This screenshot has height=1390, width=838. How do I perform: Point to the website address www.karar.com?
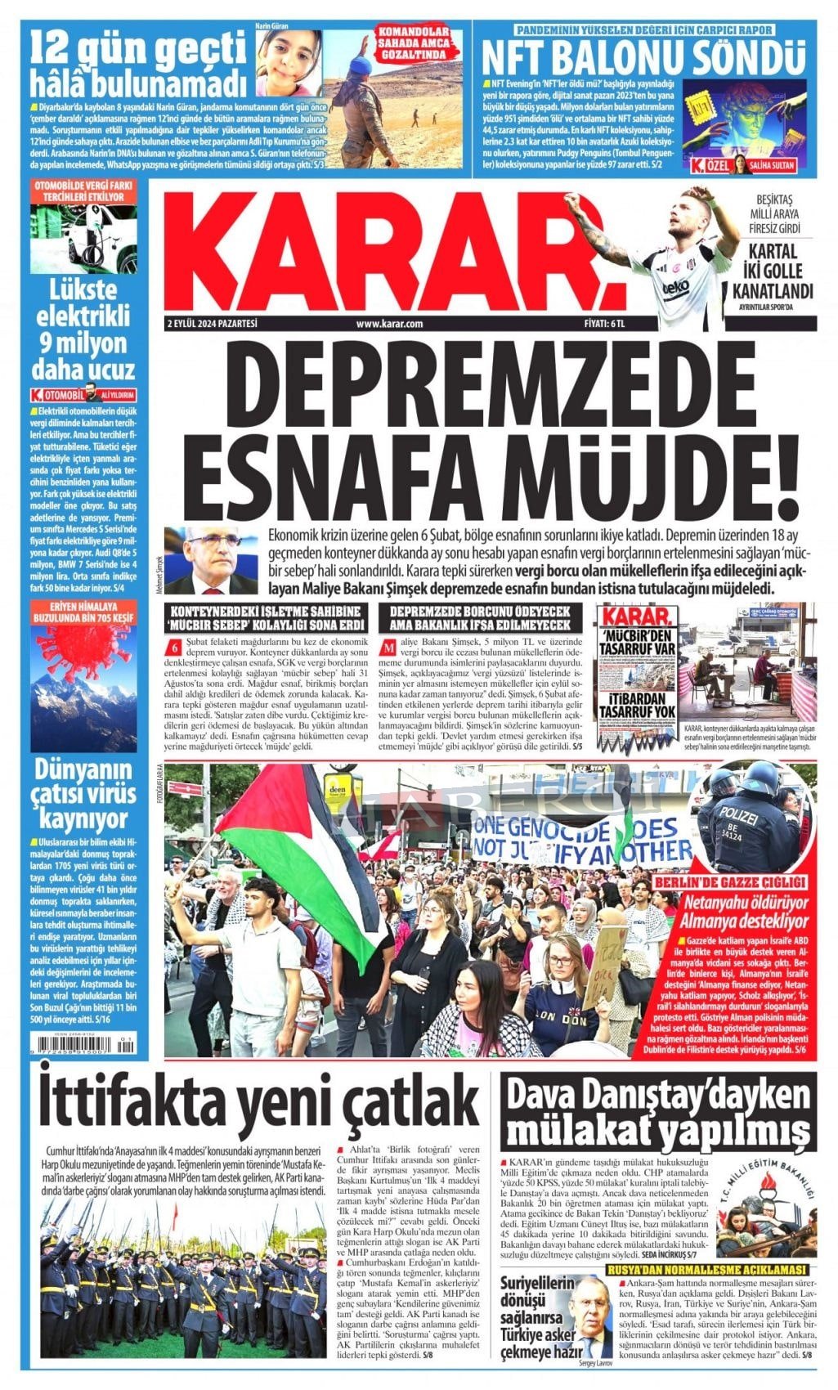pos(389,324)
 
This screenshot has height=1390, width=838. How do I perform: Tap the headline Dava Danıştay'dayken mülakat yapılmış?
pos(658,1113)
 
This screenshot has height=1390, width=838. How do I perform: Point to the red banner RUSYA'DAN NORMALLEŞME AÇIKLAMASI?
pos(707,1269)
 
